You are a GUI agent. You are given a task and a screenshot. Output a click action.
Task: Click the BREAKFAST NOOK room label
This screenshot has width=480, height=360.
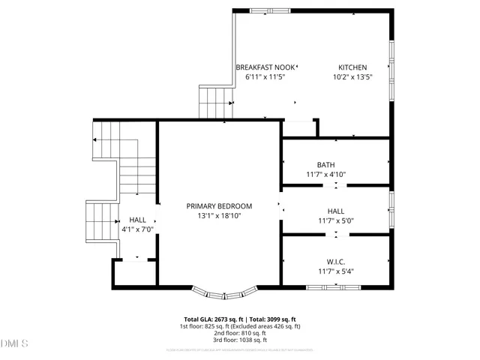click(265, 67)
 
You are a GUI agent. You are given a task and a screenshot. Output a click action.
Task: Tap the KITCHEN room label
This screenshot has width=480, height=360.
click(352, 67)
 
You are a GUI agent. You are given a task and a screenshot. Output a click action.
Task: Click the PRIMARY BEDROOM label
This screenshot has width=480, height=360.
click(219, 205)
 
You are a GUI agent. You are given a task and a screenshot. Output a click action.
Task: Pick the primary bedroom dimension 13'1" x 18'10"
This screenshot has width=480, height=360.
click(219, 216)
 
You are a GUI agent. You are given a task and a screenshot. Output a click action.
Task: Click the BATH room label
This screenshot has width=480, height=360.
click(325, 165)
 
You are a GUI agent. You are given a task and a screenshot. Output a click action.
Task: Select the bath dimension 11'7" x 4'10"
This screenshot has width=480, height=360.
click(325, 175)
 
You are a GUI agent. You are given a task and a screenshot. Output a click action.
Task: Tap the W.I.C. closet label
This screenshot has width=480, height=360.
click(335, 261)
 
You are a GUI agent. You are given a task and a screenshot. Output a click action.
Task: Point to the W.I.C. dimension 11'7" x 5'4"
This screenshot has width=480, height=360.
click(335, 271)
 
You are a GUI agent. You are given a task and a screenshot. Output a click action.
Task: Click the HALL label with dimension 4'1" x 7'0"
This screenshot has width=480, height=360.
click(137, 220)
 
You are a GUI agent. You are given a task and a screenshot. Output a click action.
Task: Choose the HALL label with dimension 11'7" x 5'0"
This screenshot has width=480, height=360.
click(335, 211)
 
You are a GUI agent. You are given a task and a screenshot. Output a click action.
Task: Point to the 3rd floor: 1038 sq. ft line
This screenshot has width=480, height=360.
click(240, 340)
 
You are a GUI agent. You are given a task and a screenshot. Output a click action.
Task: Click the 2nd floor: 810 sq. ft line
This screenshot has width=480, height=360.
click(240, 334)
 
